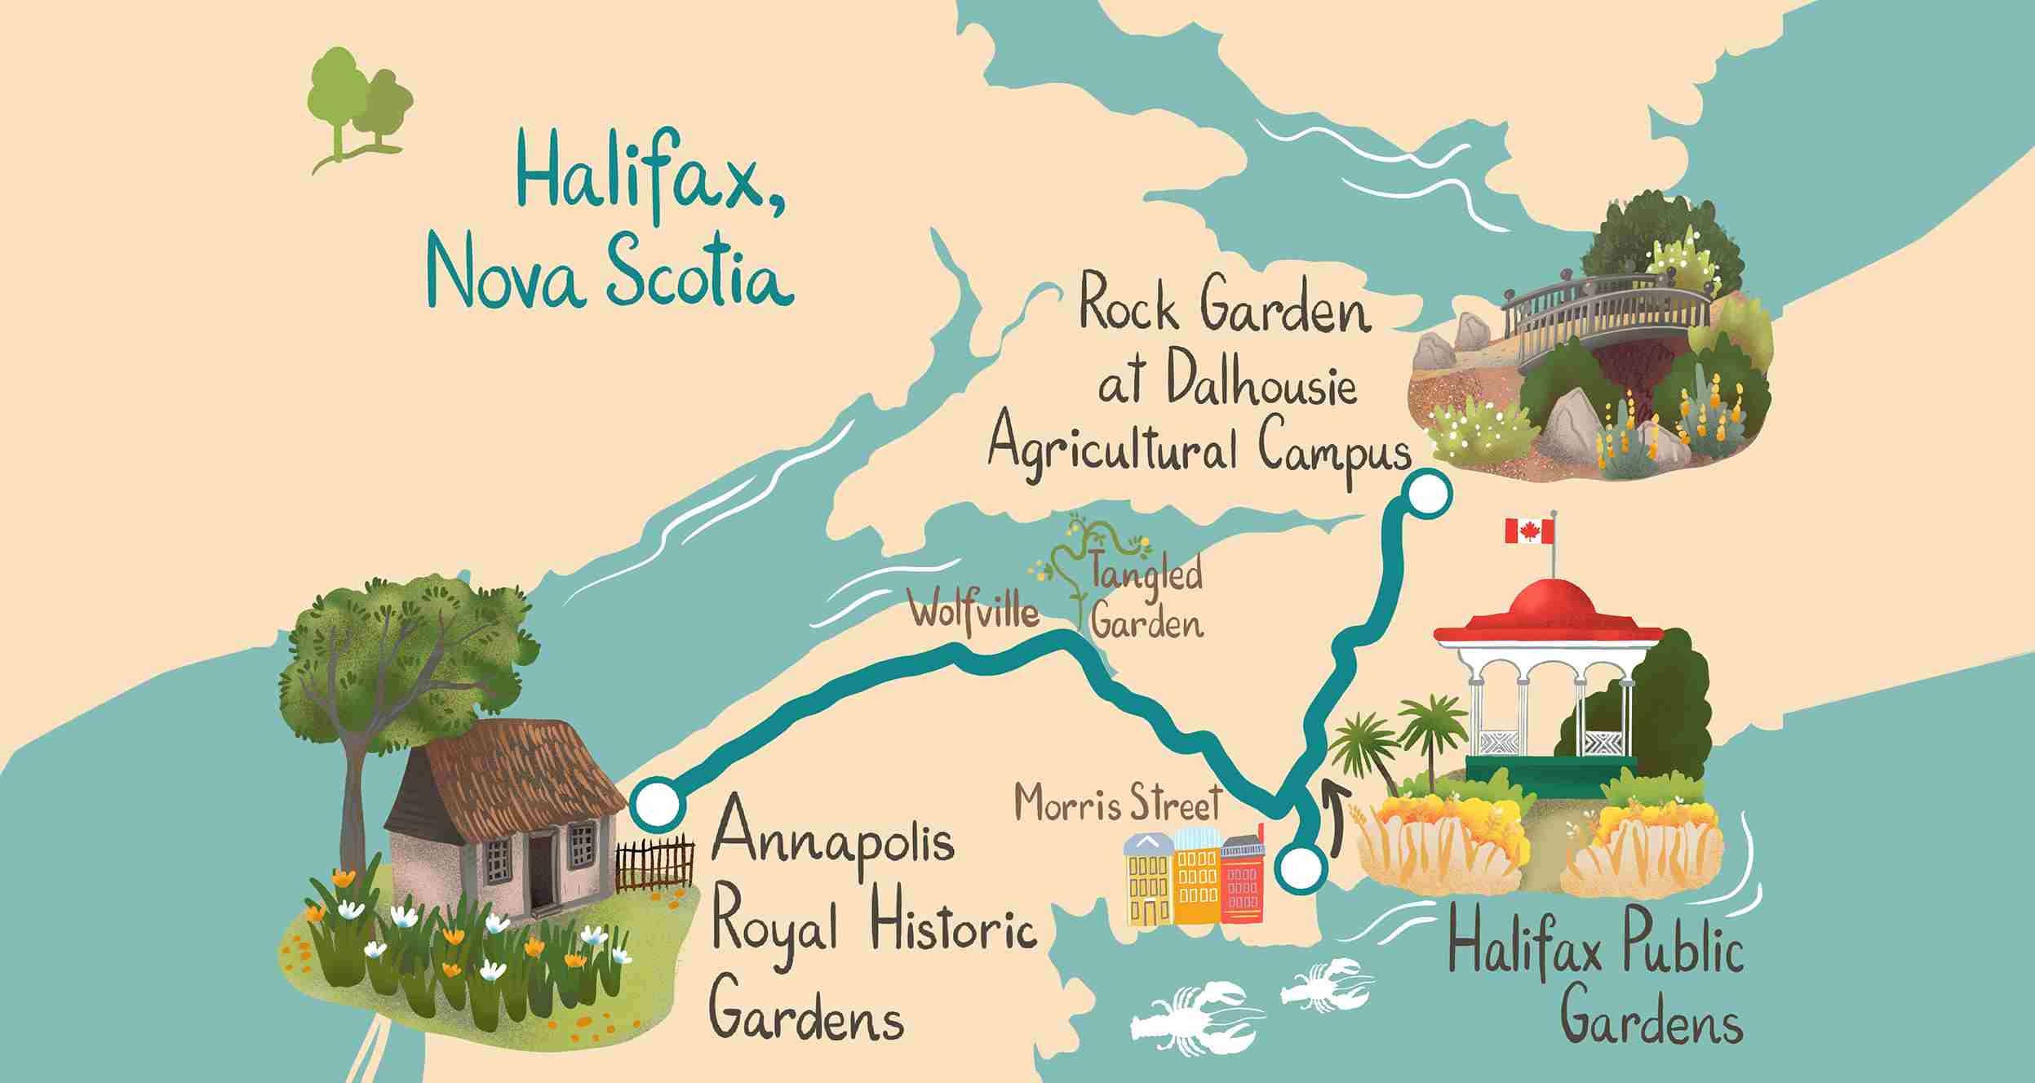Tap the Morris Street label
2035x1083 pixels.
pyautogui.click(x=1118, y=804)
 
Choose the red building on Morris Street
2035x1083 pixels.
pyautogui.click(x=1242, y=880)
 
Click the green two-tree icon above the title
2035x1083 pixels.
pyautogui.click(x=359, y=106)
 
